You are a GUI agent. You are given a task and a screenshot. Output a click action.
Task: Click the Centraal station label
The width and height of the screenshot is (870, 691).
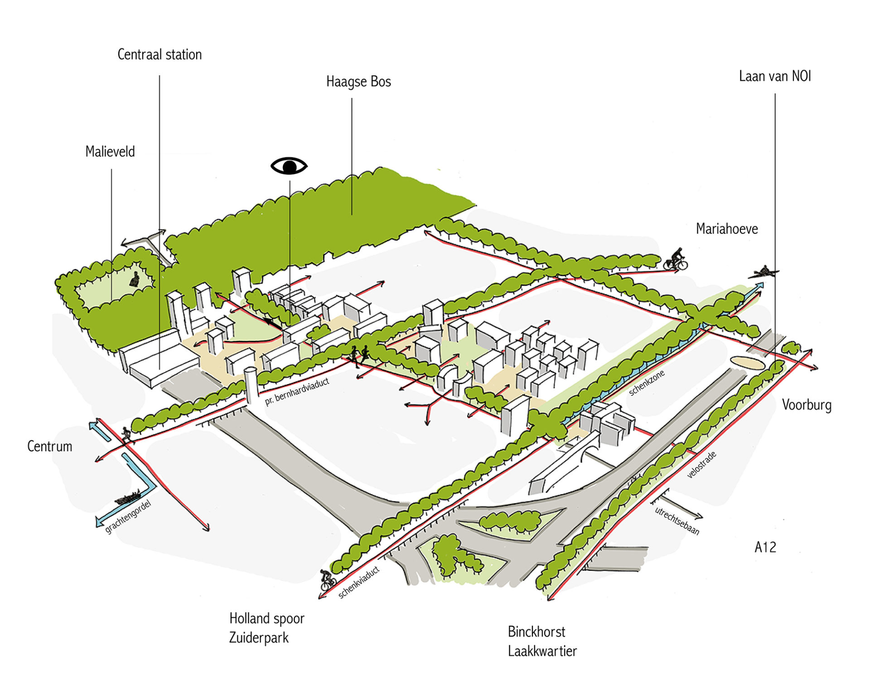tap(159, 54)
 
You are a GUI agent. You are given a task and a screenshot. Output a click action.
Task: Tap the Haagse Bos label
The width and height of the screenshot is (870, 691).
tap(358, 82)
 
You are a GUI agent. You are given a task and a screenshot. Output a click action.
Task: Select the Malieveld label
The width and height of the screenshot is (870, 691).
tap(110, 151)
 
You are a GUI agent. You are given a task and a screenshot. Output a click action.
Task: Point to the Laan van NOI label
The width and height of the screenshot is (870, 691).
tap(775, 76)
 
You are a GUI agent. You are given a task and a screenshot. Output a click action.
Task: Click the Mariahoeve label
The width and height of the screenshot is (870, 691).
tap(727, 229)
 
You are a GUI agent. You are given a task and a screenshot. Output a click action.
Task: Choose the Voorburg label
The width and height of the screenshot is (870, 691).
tap(807, 405)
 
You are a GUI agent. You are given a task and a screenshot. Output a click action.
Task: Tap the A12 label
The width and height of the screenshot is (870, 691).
tap(765, 547)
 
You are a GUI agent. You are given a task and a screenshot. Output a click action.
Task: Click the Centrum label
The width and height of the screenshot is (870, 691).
tap(50, 446)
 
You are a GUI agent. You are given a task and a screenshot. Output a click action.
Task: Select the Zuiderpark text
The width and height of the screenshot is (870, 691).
tap(259, 638)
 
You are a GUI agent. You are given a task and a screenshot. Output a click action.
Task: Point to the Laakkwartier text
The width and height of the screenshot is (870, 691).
tap(542, 651)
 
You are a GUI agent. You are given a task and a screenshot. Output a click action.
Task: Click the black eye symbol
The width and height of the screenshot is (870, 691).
tap(289, 166)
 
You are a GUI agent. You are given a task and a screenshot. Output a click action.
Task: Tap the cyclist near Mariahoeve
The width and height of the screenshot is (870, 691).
tap(676, 259)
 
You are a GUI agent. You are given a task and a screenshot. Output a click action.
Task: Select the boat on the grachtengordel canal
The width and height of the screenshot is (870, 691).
tap(127, 498)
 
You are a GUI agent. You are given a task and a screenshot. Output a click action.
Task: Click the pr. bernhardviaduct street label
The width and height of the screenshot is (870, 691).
tap(297, 392)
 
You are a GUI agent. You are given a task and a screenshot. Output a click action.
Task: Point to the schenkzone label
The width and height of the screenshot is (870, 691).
tap(647, 383)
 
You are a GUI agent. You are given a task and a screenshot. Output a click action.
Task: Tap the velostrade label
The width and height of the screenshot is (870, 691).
tap(701, 465)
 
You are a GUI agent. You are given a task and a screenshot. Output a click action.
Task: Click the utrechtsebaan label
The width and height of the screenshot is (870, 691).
tap(677, 521)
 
